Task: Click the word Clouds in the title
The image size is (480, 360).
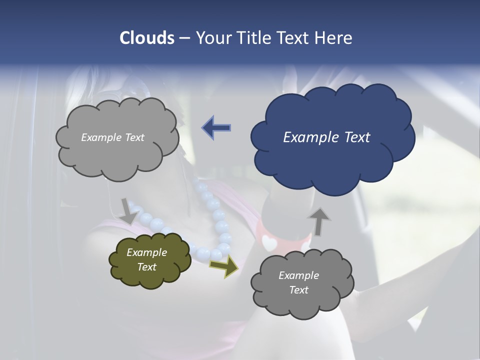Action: click(x=146, y=38)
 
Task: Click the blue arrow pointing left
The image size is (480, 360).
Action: click(x=216, y=128)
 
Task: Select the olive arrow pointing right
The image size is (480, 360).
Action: click(x=223, y=266)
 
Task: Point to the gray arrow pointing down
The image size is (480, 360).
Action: click(x=128, y=211)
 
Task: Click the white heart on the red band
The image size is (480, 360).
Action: click(x=269, y=243)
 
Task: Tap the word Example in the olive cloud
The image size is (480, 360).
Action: click(x=146, y=252)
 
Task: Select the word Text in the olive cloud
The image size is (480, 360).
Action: click(x=146, y=267)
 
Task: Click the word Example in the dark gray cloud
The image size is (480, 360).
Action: click(x=298, y=275)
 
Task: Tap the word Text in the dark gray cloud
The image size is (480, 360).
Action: click(x=298, y=290)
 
